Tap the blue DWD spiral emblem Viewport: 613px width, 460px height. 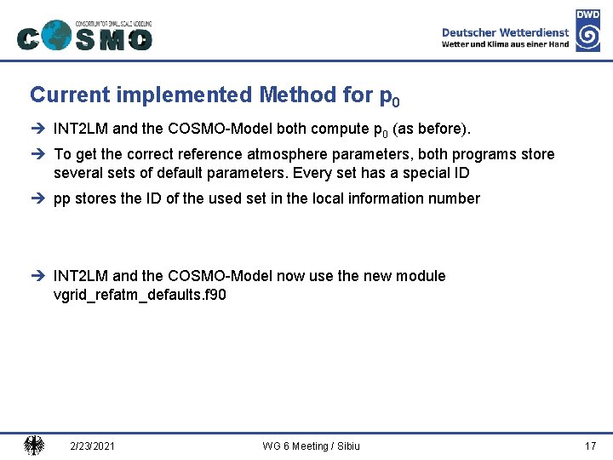pyautogui.click(x=587, y=37)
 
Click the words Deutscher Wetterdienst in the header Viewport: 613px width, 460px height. pyautogui.click(x=505, y=32)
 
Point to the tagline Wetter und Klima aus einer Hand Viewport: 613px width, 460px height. pyautogui.click(x=505, y=44)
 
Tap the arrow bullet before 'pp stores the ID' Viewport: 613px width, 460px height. pyautogui.click(x=39, y=198)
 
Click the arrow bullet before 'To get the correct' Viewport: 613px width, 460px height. pyautogui.click(x=39, y=154)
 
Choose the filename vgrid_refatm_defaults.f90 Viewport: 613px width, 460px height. pyautogui.click(x=140, y=295)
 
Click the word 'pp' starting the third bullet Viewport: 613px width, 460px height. pyautogui.click(x=61, y=199)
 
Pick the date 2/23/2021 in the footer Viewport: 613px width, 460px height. pyautogui.click(x=93, y=446)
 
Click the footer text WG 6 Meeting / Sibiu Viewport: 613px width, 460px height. pyautogui.click(x=312, y=446)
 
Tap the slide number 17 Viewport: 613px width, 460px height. pyautogui.click(x=590, y=446)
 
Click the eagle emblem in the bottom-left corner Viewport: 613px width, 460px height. pyautogui.click(x=34, y=445)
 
